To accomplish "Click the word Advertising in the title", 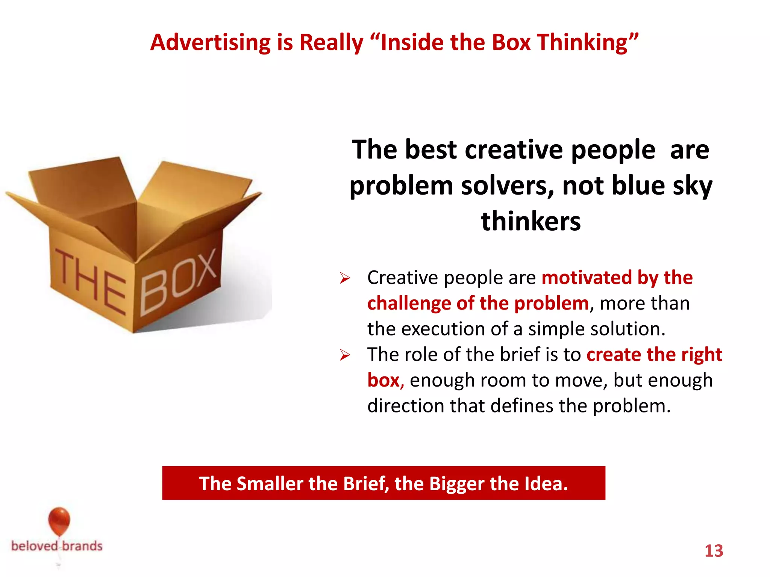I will click(x=211, y=42).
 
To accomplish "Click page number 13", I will click(x=714, y=551).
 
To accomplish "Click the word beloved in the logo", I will click(x=35, y=546).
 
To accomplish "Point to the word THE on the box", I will click(x=90, y=282).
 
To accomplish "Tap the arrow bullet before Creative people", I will click(x=344, y=278).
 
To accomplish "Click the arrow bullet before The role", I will click(x=344, y=355).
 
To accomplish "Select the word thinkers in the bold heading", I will click(x=531, y=221).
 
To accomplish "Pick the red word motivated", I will click(x=587, y=278).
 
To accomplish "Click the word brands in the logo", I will click(x=82, y=546).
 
